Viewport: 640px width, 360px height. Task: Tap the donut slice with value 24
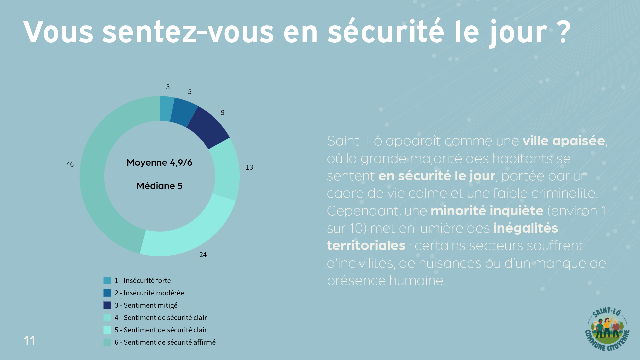(x=187, y=233)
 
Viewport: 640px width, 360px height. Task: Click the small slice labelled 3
(x=166, y=109)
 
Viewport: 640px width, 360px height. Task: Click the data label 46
(x=70, y=164)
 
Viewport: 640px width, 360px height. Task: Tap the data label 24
(x=203, y=255)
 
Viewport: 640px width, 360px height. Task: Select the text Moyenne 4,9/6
(x=159, y=163)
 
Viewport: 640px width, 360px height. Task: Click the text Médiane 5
(x=159, y=186)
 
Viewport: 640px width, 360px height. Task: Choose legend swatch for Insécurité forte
(x=107, y=281)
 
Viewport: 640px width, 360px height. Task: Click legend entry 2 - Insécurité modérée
(x=149, y=293)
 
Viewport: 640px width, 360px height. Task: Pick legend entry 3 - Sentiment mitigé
(x=146, y=305)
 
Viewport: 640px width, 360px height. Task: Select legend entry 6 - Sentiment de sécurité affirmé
(x=165, y=342)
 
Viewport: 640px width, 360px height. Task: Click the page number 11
(x=29, y=341)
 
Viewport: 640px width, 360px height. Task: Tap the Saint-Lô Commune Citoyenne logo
(x=607, y=329)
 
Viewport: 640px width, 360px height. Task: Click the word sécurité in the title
(x=386, y=32)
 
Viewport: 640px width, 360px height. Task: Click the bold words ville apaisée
(x=563, y=141)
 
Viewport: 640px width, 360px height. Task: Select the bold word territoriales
(x=366, y=246)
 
